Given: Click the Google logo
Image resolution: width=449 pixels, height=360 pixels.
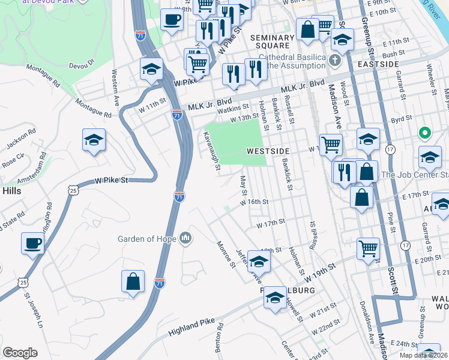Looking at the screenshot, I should (20, 353).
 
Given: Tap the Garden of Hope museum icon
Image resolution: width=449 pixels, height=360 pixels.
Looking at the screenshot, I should (186, 238).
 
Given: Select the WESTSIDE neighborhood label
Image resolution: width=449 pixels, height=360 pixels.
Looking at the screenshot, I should (268, 151).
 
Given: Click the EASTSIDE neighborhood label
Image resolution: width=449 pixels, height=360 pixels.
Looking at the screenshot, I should (378, 64).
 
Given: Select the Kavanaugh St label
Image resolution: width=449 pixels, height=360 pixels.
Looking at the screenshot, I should (210, 150).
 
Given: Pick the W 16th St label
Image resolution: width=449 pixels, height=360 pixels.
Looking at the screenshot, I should (254, 203).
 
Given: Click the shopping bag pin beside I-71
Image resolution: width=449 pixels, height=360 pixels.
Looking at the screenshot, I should (133, 282).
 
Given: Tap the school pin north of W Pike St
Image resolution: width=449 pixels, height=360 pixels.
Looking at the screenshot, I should (94, 141).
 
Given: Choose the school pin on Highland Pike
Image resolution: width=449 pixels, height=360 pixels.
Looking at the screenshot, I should (275, 298).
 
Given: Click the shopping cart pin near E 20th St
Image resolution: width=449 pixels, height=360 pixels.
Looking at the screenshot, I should (368, 248).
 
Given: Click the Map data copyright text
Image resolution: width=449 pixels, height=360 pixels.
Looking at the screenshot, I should (424, 355).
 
